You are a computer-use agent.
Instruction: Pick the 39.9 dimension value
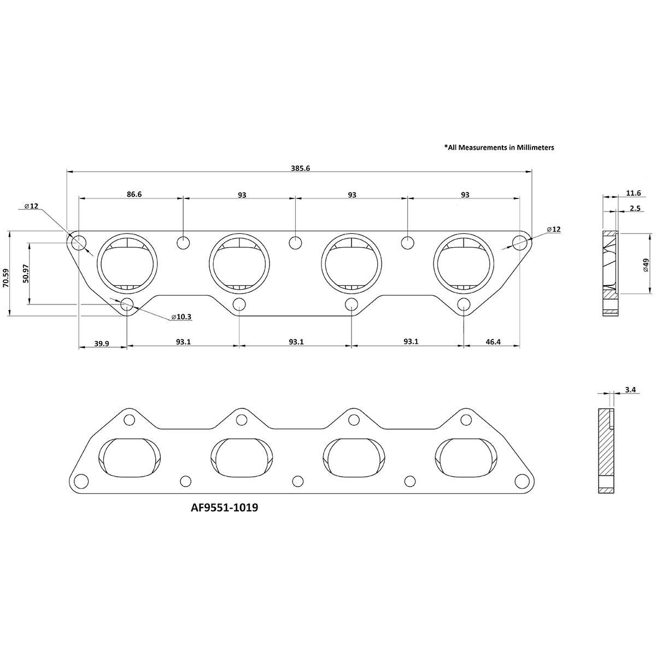102,343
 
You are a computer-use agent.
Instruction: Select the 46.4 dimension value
492,342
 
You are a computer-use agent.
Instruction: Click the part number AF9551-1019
224,507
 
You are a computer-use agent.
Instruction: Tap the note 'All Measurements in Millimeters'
499,147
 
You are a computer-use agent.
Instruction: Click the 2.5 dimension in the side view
635,208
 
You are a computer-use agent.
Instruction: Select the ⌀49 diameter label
646,265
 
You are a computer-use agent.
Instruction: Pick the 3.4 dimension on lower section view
630,390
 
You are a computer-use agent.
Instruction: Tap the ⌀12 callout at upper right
554,229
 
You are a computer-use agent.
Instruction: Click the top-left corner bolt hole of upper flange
79,242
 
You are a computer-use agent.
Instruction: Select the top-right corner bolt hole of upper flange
519,242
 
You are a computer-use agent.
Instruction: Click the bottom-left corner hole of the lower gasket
81,481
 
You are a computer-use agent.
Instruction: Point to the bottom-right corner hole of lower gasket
522,481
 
